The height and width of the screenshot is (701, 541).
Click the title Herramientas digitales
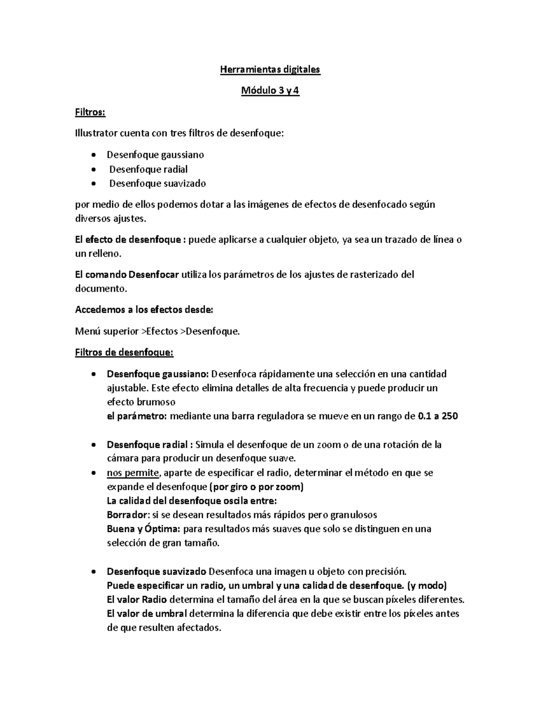click(x=270, y=70)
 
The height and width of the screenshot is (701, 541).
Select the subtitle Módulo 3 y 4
click(x=270, y=91)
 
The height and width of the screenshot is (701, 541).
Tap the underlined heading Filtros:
click(x=90, y=112)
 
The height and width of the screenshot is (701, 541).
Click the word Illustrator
click(x=95, y=133)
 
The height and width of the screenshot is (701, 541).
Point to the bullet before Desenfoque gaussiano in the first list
click(x=93, y=155)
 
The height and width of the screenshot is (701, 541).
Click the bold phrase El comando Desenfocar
click(x=127, y=274)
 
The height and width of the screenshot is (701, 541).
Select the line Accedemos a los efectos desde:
click(x=144, y=310)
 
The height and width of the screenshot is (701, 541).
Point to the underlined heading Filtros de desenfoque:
click(x=124, y=352)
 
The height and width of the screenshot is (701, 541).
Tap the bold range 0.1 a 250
click(x=438, y=416)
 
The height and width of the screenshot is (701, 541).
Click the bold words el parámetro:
click(x=137, y=416)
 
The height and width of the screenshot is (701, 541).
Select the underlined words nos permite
click(x=133, y=473)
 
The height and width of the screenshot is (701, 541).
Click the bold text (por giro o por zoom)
click(x=257, y=487)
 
